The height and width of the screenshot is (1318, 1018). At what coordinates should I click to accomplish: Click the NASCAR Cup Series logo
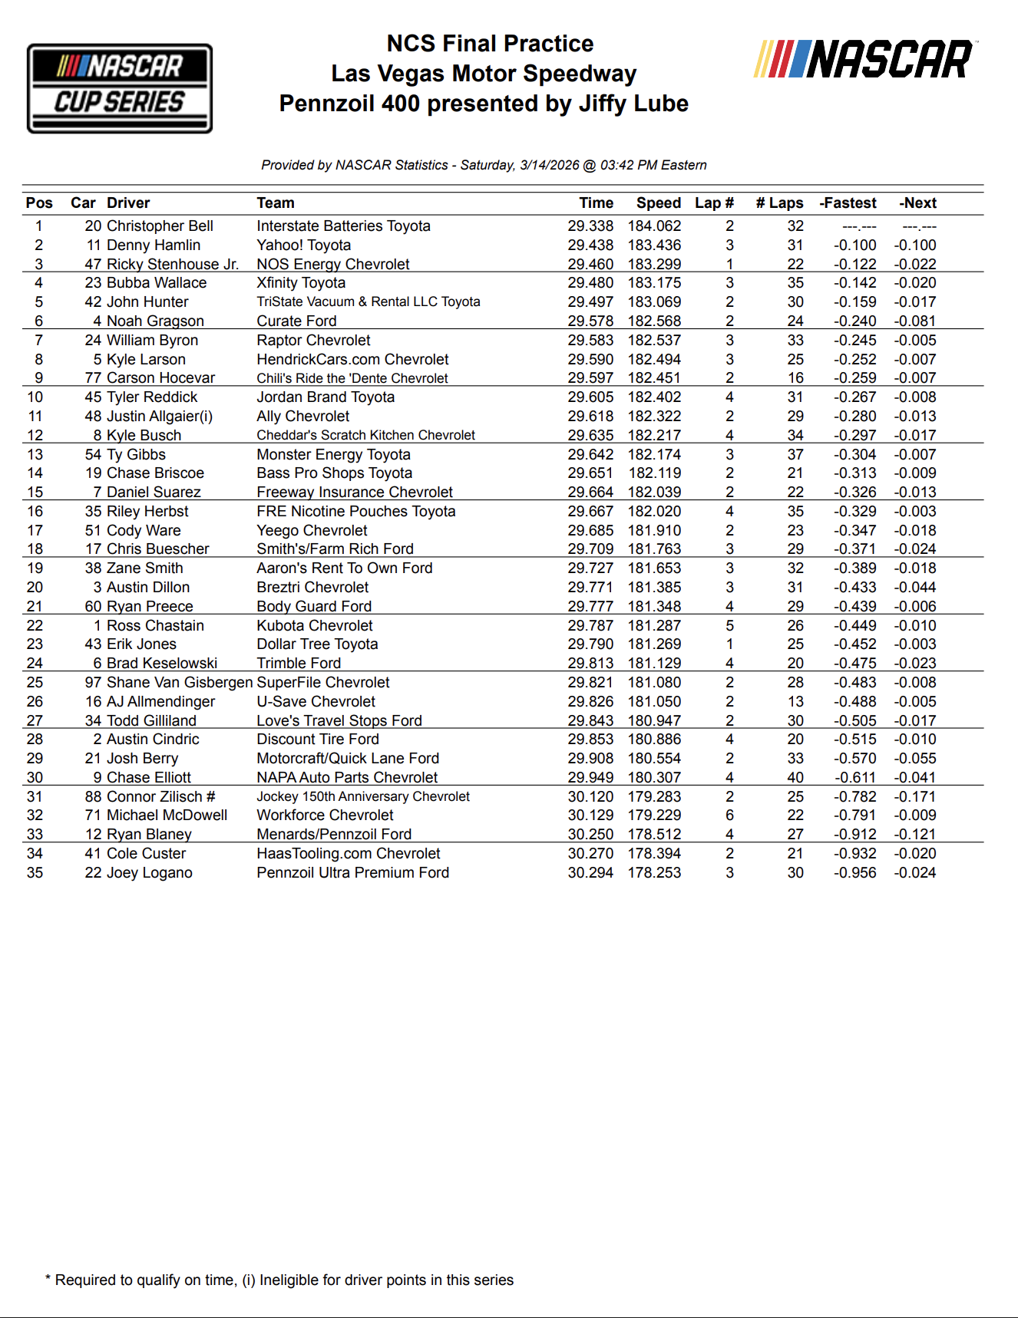[120, 88]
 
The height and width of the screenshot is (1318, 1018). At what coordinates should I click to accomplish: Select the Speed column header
[658, 203]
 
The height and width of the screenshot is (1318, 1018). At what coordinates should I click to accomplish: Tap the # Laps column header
[779, 203]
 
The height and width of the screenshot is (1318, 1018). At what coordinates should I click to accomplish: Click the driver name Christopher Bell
[160, 226]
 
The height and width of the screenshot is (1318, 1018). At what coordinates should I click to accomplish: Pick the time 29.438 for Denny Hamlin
[590, 245]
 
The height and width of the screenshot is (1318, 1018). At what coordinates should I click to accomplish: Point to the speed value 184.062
[654, 226]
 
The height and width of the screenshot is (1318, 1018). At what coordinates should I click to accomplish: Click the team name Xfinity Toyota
[301, 283]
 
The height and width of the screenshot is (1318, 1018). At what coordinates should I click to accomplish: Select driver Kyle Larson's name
[146, 359]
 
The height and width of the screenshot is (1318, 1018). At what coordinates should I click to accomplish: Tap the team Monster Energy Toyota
[333, 455]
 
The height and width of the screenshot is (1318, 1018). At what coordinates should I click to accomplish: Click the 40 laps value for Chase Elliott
[795, 778]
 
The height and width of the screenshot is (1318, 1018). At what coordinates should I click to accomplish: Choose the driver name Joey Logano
[149, 873]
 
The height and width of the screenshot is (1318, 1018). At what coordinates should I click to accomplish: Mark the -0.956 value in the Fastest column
[854, 873]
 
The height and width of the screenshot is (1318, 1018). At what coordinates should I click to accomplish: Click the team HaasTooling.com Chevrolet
[349, 854]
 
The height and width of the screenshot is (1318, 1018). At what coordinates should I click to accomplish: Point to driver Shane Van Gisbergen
[180, 683]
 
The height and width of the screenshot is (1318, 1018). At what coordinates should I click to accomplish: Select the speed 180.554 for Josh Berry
[654, 759]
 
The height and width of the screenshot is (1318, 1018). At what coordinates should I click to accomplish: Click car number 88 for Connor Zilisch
[93, 797]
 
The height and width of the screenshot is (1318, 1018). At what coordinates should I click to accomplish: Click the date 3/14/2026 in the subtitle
[549, 165]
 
